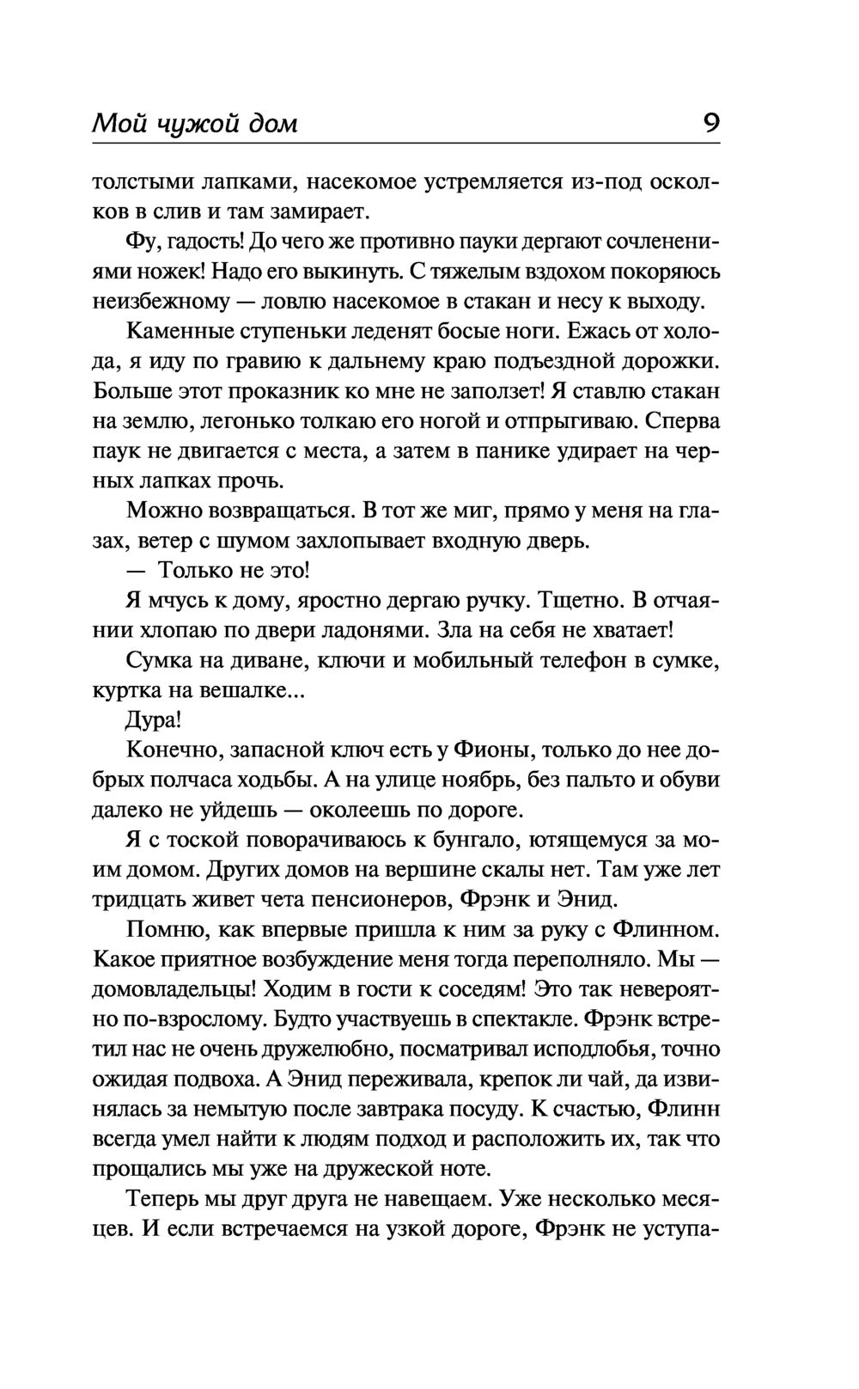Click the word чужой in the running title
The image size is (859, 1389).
point(189,125)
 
